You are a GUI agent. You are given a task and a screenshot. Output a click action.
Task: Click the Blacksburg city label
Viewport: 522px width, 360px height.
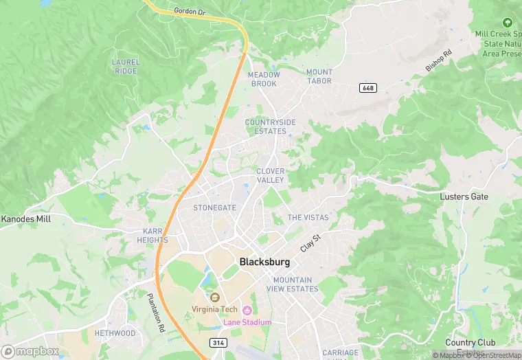[264, 262]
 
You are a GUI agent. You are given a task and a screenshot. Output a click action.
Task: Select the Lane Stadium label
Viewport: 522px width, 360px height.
[247, 322]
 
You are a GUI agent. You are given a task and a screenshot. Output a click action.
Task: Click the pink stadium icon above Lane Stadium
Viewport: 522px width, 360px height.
[247, 311]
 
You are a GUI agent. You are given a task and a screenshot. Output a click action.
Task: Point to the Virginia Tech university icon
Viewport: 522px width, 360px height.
[214, 297]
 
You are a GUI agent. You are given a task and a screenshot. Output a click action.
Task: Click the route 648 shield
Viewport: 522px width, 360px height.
[367, 88]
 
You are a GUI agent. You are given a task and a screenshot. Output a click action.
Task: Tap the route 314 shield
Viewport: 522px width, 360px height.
[217, 341]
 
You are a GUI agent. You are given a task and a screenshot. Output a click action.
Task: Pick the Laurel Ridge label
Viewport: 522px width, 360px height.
[126, 67]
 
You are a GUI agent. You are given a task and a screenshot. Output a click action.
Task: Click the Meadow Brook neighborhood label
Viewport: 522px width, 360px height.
[263, 79]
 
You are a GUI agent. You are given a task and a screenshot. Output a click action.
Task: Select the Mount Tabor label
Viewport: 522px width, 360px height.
[319, 76]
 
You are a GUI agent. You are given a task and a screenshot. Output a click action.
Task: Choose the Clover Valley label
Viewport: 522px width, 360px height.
[270, 175]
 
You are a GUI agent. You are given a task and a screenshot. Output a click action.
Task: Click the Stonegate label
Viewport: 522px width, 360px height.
[214, 207]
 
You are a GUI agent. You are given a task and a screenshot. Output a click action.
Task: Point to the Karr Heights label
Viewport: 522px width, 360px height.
[152, 236]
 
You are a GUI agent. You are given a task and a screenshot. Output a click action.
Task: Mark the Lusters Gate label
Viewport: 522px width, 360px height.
[464, 196]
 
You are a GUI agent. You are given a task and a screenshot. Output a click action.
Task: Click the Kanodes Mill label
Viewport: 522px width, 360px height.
[25, 219]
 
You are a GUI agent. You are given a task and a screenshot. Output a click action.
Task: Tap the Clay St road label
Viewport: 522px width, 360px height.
[311, 242]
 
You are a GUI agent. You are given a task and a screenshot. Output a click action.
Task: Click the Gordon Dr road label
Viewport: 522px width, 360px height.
[190, 11]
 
